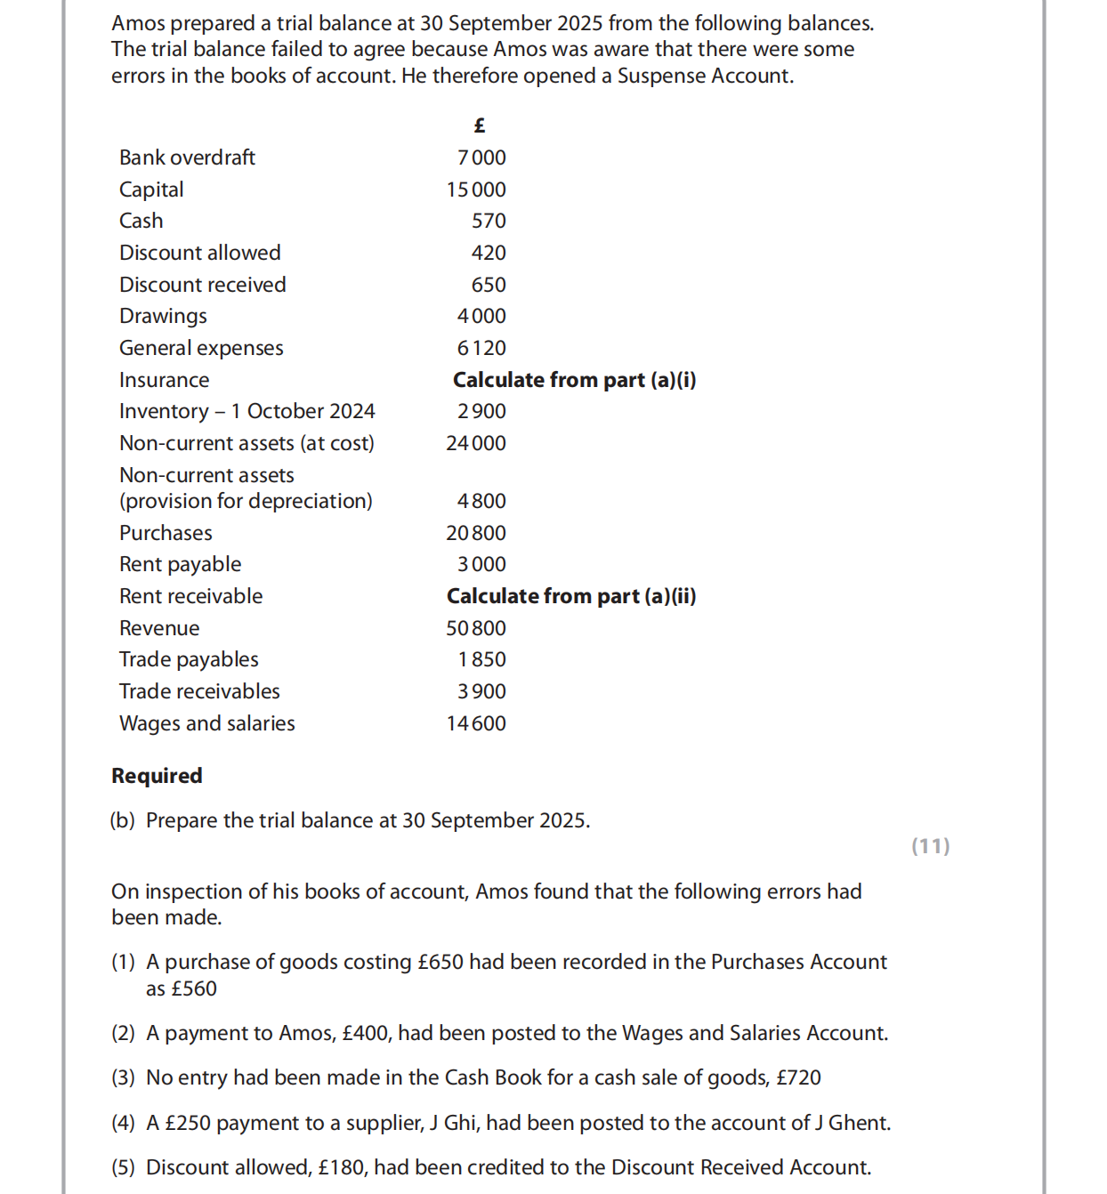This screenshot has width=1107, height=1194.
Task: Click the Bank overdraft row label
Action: pos(187,157)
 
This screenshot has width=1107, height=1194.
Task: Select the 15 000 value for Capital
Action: pos(476,190)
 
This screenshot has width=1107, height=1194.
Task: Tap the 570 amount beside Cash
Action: pos(489,221)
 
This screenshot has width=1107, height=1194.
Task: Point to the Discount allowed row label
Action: pos(199,253)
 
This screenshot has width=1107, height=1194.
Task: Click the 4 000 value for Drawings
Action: pos(481,316)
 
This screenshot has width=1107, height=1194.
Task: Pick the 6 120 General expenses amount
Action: pos(481,348)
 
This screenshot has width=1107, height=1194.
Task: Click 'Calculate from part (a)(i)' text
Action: pos(574,380)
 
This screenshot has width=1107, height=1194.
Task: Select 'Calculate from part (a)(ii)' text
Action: pos(570,596)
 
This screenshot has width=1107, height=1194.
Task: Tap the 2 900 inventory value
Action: pos(481,411)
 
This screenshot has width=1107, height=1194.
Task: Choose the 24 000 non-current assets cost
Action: pos(476,443)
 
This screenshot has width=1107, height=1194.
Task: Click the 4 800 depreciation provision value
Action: pos(481,501)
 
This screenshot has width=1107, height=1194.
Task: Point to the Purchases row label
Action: pos(166,533)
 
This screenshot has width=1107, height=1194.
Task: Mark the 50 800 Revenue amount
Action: pos(476,628)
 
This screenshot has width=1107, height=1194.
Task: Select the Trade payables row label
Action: pos(189,659)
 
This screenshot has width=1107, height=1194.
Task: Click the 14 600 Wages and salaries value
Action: pos(476,723)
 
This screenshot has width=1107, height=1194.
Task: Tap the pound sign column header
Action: pos(480,125)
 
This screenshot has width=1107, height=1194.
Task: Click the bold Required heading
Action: pos(157,776)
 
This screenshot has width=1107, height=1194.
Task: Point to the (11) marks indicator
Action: pos(930,846)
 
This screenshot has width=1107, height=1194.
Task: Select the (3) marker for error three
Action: pos(123,1077)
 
